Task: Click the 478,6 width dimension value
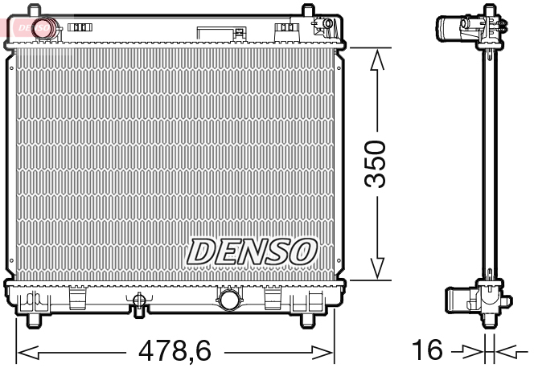(x=175, y=352)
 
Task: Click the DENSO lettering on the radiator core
(x=252, y=252)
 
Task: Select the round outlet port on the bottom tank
(x=228, y=301)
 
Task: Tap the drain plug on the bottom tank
(x=139, y=303)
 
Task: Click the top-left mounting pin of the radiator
(x=35, y=10)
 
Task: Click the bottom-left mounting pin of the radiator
(x=34, y=321)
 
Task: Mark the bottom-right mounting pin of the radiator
(x=307, y=321)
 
